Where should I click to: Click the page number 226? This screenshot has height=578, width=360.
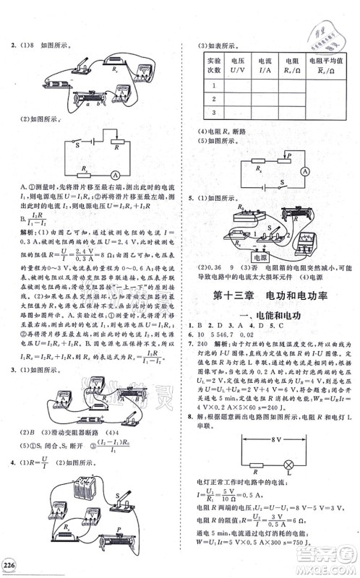point(12,564)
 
